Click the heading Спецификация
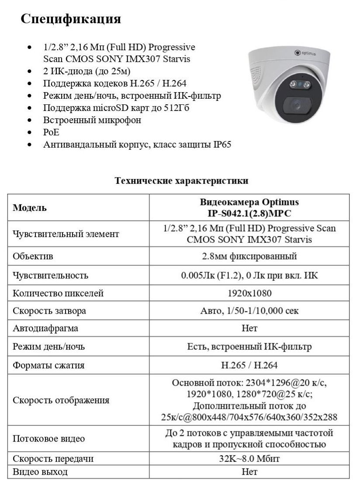tap(71, 19)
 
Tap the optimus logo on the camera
tap(305, 53)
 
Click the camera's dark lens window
tap(296, 105)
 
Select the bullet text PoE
tap(51, 132)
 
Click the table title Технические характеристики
tap(181, 180)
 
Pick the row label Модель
tap(30, 208)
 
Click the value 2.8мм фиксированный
tap(249, 256)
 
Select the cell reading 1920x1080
tap(249, 293)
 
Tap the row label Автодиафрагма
tap(45, 328)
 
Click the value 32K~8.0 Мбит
tap(249, 459)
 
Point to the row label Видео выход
tap(40, 472)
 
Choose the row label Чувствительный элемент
tap(66, 234)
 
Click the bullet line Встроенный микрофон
tap(92, 120)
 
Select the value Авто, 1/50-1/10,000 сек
tap(249, 311)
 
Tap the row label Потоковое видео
tap(48, 439)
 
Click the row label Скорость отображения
tap(61, 400)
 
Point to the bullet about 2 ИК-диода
tap(87, 71)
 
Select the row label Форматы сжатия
tap(48, 365)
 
